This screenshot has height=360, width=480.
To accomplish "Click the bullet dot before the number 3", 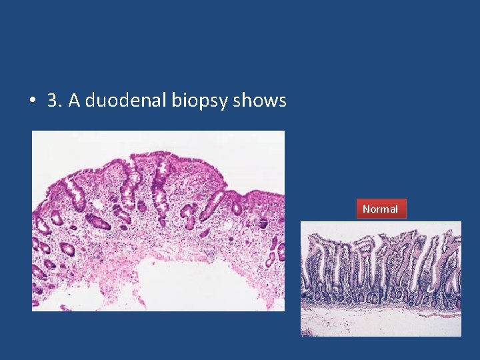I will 32,101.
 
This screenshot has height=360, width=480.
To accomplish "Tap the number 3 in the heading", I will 53,101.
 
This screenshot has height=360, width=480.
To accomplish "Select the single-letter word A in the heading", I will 74,101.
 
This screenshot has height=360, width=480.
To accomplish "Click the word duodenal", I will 125,101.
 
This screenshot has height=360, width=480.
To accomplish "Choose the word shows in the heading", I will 260,101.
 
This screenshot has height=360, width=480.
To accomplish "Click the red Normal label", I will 380,209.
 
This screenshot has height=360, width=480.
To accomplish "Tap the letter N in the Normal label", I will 366,209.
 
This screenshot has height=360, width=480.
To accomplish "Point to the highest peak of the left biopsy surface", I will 157,155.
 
